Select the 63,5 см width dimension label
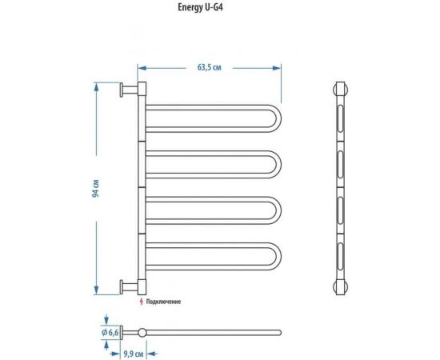[x=210, y=58]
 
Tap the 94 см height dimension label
[x=95, y=189]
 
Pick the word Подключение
[x=165, y=302]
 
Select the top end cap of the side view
[x=341, y=87]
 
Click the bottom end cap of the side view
[x=341, y=286]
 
